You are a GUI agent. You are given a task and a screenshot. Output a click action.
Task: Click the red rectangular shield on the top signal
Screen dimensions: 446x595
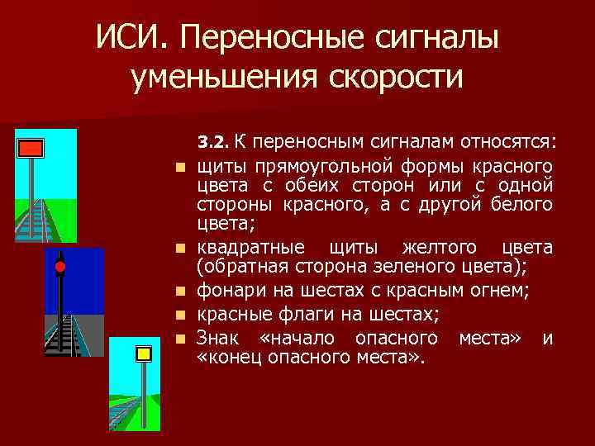(x=31, y=149)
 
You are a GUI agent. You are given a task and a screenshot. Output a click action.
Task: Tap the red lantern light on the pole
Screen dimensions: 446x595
(x=59, y=266)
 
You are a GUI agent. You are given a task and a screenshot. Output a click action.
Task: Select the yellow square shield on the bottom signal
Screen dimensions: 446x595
(x=144, y=353)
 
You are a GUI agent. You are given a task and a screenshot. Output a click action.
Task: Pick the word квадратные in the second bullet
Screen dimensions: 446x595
(x=250, y=247)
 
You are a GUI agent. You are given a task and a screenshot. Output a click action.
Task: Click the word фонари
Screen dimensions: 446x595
(x=228, y=289)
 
